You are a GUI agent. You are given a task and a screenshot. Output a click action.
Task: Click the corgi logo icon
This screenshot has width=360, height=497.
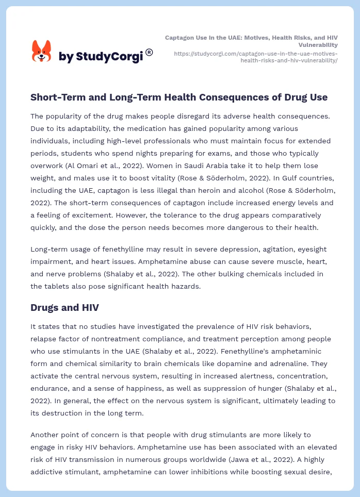pyautogui.click(x=42, y=51)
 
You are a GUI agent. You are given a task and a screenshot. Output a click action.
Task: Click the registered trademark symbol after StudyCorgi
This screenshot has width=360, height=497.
pyautogui.click(x=149, y=52)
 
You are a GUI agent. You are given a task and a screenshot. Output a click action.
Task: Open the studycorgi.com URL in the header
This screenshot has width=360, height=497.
pyautogui.click(x=256, y=57)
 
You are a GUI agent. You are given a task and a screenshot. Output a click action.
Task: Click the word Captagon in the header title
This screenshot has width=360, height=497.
pyautogui.click(x=181, y=38)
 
